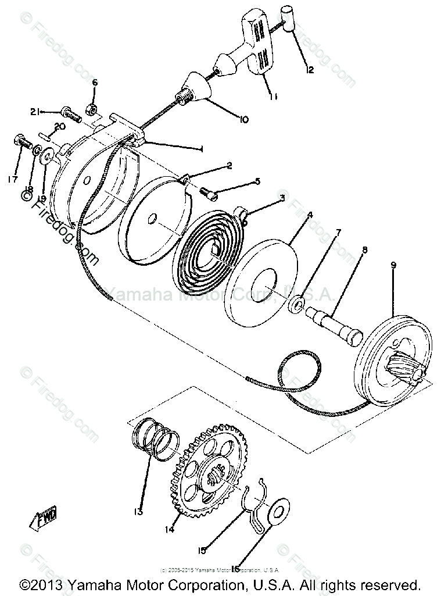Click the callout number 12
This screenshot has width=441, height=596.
coord(309,70)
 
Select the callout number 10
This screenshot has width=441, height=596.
coord(242,120)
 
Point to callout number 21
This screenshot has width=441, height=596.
coord(35,112)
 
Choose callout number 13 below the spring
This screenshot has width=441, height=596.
coord(138,512)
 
